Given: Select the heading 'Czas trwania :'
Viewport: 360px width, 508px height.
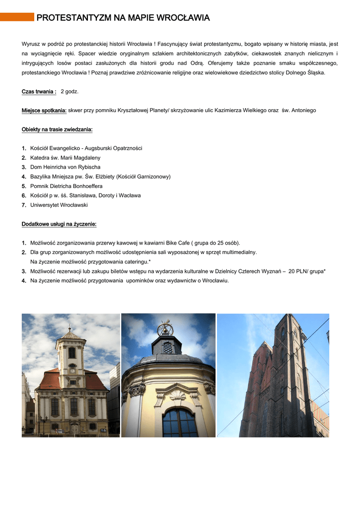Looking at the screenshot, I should tap(39, 92).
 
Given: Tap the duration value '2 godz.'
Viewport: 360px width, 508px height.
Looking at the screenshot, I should tap(70, 92).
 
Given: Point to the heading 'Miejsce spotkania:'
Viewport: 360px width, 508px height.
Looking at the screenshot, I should tap(44, 110).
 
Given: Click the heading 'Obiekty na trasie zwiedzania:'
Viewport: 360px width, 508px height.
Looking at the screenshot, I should tap(57, 129).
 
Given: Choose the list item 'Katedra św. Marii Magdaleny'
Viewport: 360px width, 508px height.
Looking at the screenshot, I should tap(65, 158).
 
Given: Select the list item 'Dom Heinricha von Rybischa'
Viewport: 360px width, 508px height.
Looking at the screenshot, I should tap(65, 167).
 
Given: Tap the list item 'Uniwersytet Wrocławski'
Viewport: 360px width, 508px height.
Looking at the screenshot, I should tap(59, 205).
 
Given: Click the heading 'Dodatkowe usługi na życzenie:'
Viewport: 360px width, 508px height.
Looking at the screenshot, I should tap(59, 224).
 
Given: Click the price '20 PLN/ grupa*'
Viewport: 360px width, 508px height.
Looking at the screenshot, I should tap(307, 271).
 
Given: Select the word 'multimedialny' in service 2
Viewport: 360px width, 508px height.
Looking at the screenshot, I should tap(240, 253).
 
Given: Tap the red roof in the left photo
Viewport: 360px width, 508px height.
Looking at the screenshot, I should tap(50, 381).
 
